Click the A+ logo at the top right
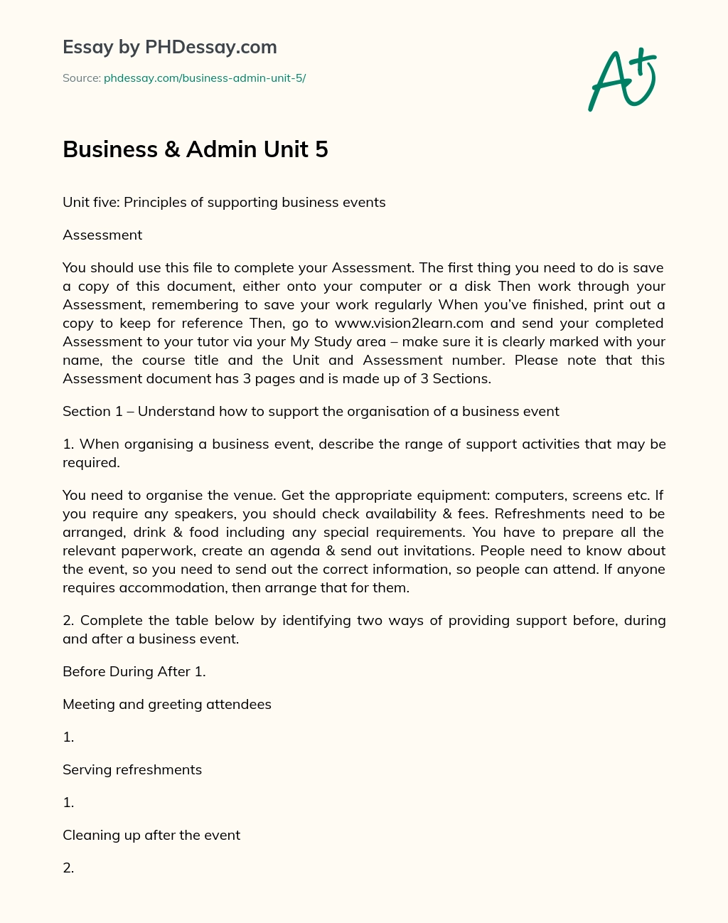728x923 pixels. pos(622,80)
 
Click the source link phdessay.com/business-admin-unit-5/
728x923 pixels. pos(205,78)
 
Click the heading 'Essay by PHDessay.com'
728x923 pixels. pos(169,48)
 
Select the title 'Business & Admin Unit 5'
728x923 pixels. pos(196,149)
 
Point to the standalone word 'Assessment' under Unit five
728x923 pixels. pos(102,235)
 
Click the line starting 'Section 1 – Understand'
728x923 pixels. pos(311,412)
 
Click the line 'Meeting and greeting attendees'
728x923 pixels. pos(167,705)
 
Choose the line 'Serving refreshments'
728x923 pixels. pos(132,770)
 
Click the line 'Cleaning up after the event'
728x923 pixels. pos(151,836)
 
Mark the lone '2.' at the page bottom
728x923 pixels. pos(68,868)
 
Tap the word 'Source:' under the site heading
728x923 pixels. pos(81,78)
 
